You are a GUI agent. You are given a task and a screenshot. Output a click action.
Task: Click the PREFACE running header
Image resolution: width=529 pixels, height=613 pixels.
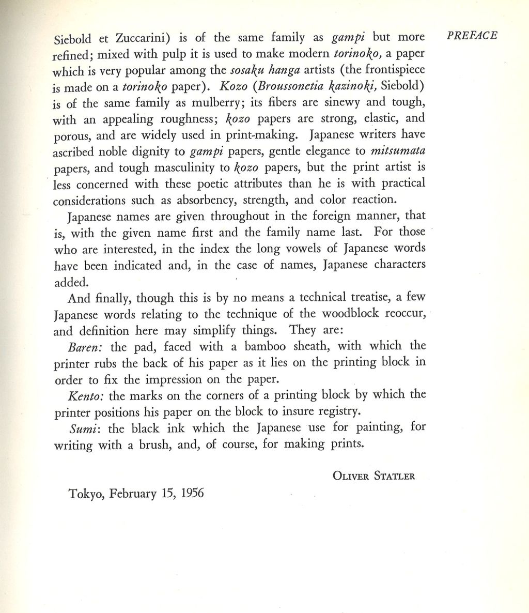472,35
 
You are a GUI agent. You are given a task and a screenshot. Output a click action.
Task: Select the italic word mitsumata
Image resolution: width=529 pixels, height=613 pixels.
401,151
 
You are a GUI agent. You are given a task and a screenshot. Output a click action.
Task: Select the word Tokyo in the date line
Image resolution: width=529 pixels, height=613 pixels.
86,494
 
